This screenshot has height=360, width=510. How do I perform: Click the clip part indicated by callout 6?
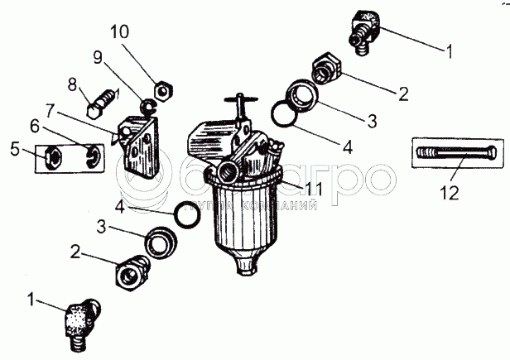point(94,154)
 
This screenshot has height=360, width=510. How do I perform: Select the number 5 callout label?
point(14,151)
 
